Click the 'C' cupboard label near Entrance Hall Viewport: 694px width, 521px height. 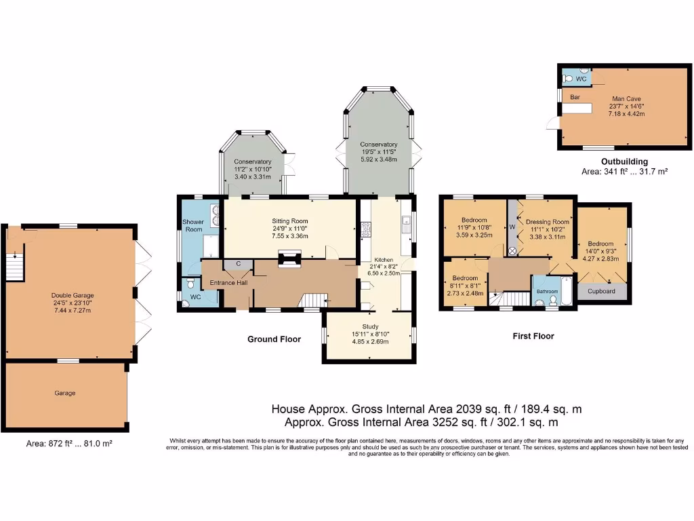click(x=238, y=264)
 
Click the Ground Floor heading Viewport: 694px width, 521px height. click(x=274, y=339)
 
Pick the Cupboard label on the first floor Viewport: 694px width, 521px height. click(x=601, y=292)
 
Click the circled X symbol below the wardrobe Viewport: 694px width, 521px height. click(x=512, y=250)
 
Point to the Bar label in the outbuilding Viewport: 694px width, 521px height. click(x=575, y=97)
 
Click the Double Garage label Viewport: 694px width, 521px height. click(x=72, y=295)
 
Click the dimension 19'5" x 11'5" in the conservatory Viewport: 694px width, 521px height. click(x=378, y=152)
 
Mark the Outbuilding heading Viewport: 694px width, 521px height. click(x=625, y=161)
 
